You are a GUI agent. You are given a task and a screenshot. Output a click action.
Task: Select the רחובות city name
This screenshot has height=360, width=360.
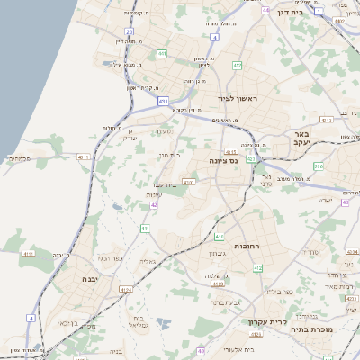247,246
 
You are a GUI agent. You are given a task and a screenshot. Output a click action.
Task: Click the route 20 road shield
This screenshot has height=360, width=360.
130,31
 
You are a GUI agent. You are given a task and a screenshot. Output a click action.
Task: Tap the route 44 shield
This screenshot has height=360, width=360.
266,9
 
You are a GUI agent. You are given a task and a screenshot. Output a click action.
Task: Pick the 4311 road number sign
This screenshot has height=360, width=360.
83,157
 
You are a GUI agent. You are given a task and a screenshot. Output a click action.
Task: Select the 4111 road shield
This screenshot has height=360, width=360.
28,254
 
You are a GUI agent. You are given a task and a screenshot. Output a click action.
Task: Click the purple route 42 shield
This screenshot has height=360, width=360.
155,205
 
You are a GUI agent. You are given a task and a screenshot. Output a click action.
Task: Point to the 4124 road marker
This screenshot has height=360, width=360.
126,289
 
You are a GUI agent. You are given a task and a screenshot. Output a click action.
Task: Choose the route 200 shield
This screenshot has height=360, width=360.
319,166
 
